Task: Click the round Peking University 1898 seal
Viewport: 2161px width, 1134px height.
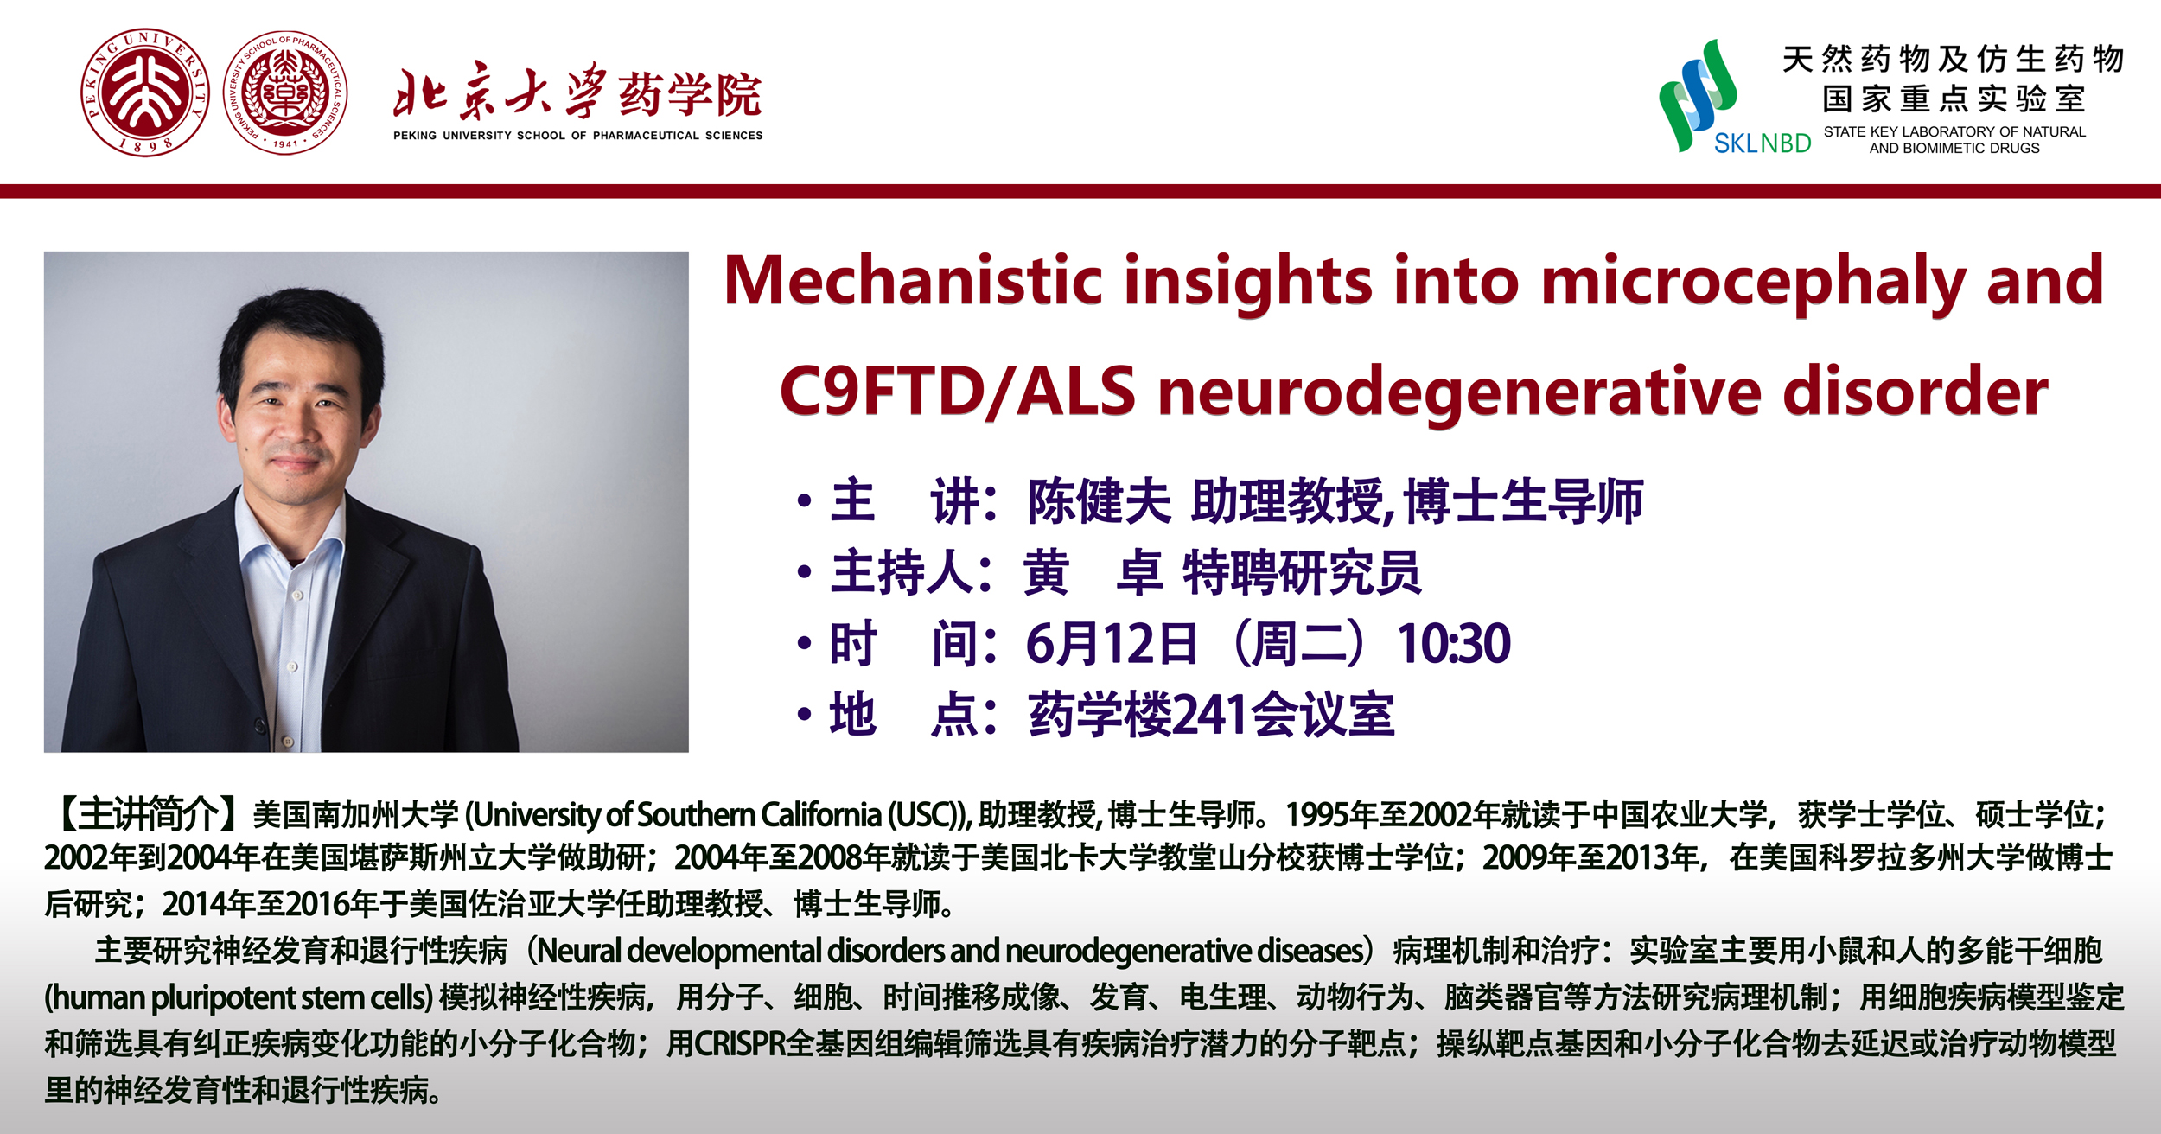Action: [145, 92]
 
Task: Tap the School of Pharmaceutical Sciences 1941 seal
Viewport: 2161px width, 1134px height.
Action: [286, 92]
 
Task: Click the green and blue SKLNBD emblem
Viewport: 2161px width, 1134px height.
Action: [1698, 95]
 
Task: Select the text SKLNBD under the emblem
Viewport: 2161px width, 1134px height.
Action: [1763, 143]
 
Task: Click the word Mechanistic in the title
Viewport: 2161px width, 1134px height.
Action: [914, 281]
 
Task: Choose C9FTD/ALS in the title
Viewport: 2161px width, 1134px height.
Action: [958, 392]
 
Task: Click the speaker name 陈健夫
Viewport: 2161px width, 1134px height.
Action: [1099, 501]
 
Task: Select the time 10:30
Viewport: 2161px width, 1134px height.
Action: [1454, 644]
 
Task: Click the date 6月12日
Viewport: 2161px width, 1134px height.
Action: [1112, 644]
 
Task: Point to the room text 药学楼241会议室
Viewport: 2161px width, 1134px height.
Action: [1211, 715]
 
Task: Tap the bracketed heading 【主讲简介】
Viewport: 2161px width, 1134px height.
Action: [146, 813]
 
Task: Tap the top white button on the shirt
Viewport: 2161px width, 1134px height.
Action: [297, 596]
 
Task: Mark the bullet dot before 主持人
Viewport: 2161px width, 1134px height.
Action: [805, 572]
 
